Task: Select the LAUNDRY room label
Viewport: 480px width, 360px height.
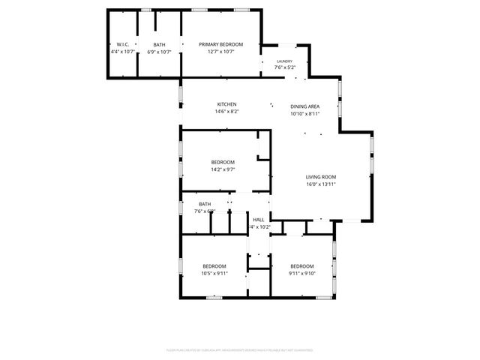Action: (284, 61)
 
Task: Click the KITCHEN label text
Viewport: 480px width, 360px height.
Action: (227, 104)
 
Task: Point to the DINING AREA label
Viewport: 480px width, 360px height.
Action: (305, 106)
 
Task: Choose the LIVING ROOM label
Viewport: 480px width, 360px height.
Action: (320, 176)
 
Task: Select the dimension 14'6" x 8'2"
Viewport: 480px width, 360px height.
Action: (227, 112)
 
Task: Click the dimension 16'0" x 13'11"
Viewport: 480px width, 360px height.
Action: (320, 184)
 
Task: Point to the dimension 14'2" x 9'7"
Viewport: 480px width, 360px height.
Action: (223, 169)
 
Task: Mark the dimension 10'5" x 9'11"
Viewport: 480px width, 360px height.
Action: (214, 273)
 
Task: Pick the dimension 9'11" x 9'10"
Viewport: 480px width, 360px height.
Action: (301, 273)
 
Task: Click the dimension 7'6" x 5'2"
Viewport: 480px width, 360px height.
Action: (284, 67)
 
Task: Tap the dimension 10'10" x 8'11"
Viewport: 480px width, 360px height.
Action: (305, 114)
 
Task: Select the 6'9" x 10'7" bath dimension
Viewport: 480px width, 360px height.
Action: (159, 52)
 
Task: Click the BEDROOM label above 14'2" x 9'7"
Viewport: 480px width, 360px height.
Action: (223, 162)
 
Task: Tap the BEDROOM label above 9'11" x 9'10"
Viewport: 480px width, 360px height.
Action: (301, 265)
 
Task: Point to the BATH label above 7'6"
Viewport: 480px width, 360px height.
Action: (205, 204)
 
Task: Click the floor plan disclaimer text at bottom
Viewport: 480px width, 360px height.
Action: (240, 349)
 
